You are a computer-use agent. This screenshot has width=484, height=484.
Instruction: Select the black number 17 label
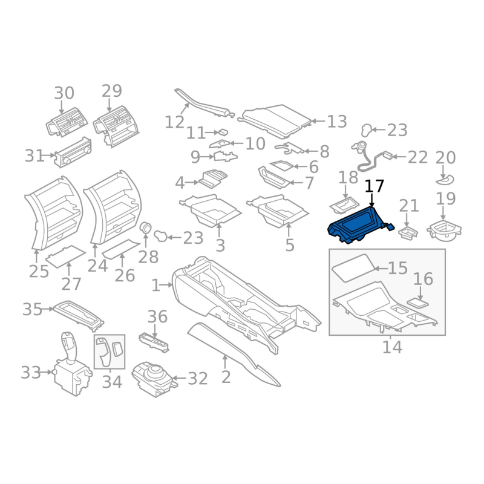374,186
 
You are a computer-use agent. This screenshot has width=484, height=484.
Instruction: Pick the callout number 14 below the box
392,347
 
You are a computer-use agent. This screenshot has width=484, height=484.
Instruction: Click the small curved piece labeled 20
445,180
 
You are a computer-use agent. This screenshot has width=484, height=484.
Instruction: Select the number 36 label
157,316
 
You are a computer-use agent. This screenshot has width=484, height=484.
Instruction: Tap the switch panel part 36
154,342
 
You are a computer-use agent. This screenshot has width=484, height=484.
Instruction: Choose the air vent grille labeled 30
67,122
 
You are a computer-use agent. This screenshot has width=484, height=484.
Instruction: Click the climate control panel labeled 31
73,152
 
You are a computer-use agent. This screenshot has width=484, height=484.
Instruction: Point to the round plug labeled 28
145,229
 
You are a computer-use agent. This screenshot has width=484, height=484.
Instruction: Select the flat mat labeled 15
354,267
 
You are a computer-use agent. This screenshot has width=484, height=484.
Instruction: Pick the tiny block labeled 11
223,132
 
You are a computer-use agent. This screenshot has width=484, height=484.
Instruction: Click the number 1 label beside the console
156,285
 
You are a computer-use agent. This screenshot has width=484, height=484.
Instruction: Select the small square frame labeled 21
407,233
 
